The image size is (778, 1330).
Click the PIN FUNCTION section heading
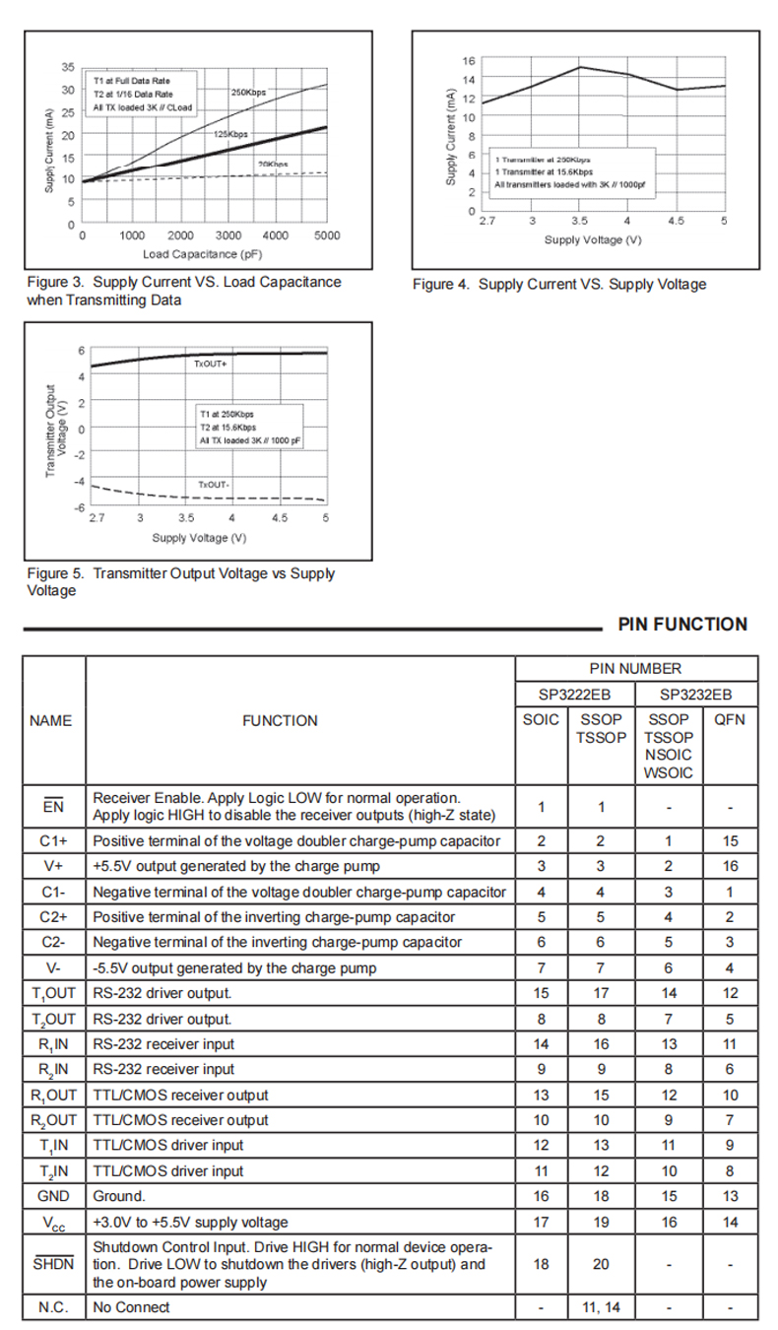[682, 625]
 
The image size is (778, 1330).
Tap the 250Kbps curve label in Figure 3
[248, 93]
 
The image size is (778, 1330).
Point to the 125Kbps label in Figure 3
[230, 133]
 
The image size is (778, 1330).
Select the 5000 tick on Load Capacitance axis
[327, 236]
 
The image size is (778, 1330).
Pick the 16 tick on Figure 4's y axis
[469, 61]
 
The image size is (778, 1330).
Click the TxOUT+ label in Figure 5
[211, 365]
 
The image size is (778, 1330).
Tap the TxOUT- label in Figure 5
[213, 485]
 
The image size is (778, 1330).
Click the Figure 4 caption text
[558, 285]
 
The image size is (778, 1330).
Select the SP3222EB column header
[574, 694]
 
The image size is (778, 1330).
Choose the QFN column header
[730, 720]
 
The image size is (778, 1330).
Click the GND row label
[53, 1196]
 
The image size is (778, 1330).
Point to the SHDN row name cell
[53, 1263]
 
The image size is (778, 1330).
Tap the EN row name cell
[53, 807]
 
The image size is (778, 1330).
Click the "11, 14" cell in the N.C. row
[601, 1307]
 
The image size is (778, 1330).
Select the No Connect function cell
[131, 1307]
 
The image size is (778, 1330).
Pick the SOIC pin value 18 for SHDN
[541, 1264]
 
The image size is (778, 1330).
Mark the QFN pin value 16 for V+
[730, 866]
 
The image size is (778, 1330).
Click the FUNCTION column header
[280, 721]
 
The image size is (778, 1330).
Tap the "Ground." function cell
[119, 1196]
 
